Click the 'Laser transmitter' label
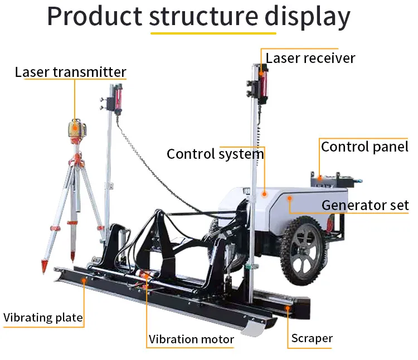(70, 72)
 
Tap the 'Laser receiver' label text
(310, 58)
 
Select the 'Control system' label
(215, 154)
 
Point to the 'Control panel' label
(364, 147)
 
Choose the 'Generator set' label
(365, 205)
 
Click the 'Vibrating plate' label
(43, 318)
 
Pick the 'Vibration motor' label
(191, 339)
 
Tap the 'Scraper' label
(312, 338)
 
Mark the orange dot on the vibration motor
(147, 275)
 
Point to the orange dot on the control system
(264, 194)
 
